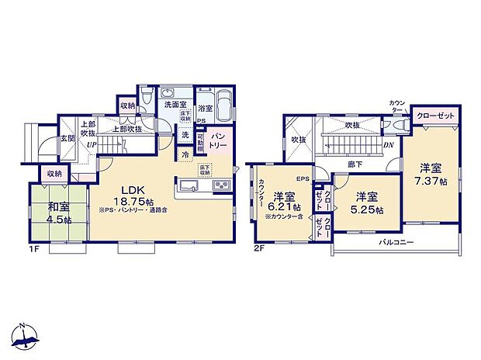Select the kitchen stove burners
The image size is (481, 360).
tap(220, 186)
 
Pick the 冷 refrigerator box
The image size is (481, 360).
tap(185, 154)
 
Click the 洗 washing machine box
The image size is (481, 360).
tap(185, 135)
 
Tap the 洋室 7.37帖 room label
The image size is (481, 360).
tap(433, 174)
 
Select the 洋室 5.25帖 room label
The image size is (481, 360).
tap(367, 202)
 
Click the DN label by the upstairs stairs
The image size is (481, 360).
tap(387, 144)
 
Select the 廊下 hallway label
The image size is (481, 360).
tap(355, 164)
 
